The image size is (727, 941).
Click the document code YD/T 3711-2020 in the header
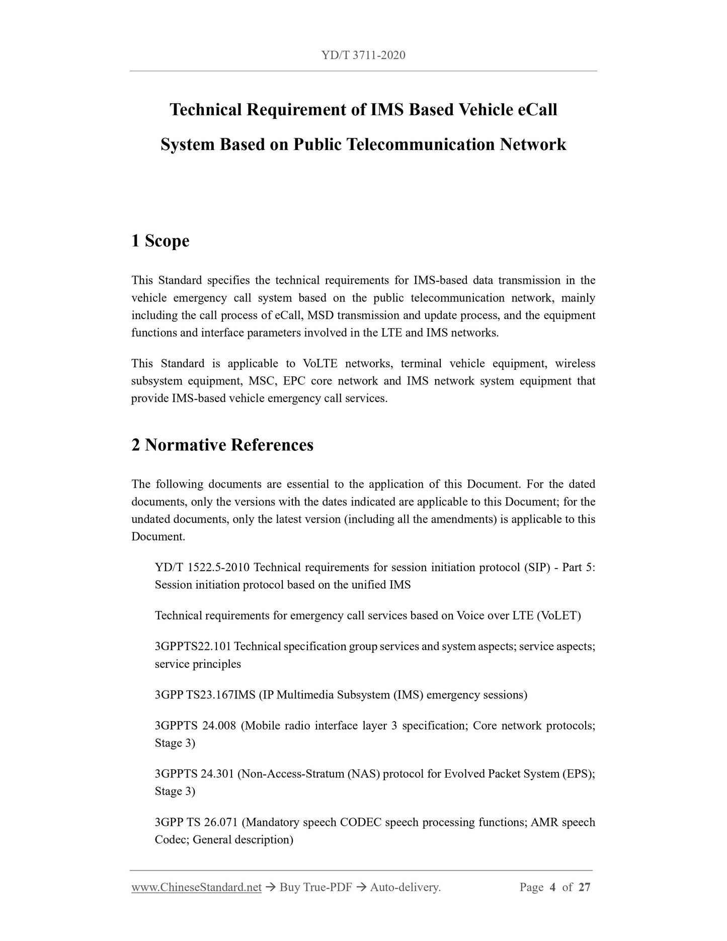(x=363, y=55)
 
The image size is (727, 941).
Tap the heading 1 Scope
(x=160, y=241)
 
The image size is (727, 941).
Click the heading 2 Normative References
(x=222, y=445)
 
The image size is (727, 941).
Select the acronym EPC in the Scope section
(x=294, y=381)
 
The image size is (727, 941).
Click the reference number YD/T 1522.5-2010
(x=202, y=568)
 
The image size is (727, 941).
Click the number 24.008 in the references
(x=219, y=726)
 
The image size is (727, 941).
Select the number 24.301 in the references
(x=217, y=774)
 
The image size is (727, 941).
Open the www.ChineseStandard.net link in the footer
(x=196, y=887)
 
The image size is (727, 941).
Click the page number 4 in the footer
(x=552, y=887)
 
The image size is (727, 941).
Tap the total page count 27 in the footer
(x=584, y=887)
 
